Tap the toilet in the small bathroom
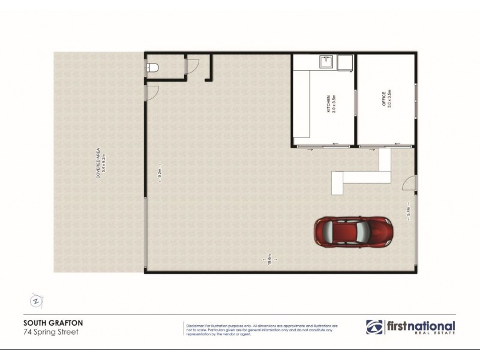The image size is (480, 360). [152, 68]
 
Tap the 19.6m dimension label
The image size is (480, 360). [271, 260]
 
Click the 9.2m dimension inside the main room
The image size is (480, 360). [160, 178]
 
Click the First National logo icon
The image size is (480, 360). [374, 327]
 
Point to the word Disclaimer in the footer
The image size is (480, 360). [199, 323]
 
